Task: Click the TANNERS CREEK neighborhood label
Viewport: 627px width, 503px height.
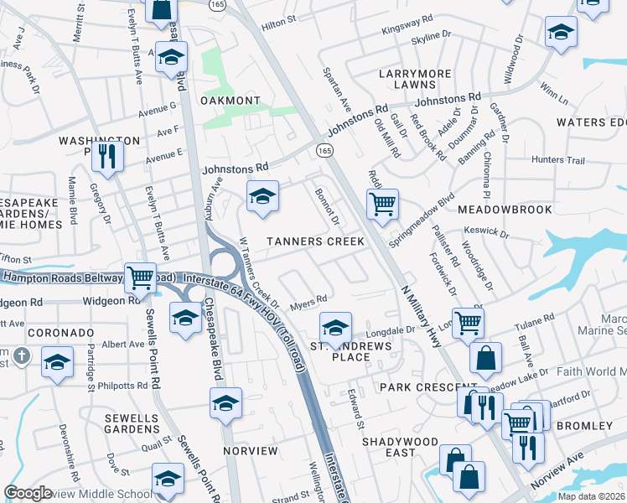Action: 315,241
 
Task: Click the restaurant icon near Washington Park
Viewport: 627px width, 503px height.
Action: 107,154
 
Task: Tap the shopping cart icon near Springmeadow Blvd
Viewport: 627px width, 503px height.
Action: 382,202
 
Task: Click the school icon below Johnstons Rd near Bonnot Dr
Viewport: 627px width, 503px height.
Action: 262,196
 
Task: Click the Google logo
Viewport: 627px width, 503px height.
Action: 28,493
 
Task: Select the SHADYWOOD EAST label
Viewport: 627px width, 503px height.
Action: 400,447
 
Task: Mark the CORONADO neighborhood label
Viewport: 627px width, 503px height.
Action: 60,332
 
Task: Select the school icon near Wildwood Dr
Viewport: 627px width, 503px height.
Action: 561,33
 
